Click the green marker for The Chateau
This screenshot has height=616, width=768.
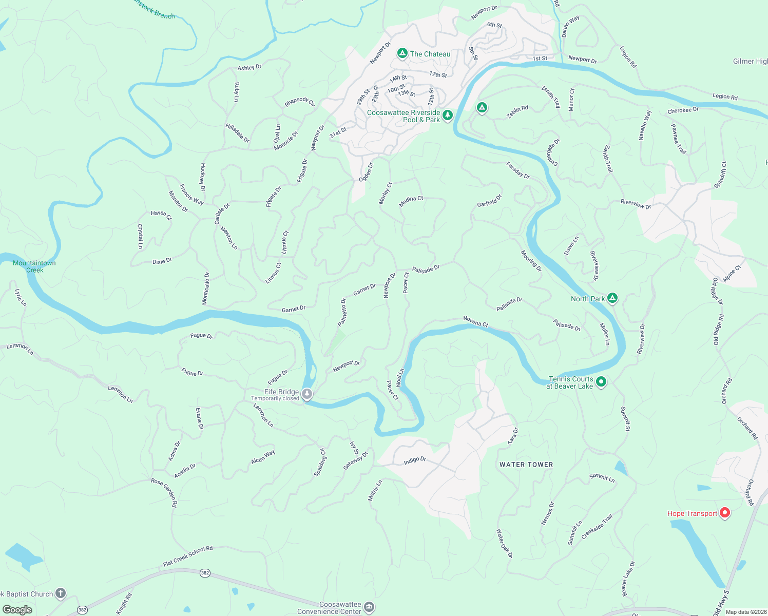pos(402,53)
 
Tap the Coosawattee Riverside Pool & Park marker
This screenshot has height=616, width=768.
pos(448,115)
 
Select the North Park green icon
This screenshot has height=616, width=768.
pos(612,298)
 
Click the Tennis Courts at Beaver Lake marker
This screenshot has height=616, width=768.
pos(602,382)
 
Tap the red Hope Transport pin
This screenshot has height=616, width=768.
pos(724,512)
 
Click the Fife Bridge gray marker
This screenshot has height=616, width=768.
pos(307,394)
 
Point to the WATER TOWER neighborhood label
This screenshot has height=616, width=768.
pos(526,465)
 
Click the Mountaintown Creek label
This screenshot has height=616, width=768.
pos(34,266)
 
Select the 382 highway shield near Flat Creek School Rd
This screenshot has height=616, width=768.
pos(205,573)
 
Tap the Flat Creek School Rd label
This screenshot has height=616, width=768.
pos(188,556)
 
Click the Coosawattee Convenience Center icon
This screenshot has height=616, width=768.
pos(369,608)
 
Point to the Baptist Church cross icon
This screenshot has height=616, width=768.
pos(61,594)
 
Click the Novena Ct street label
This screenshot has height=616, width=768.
pos(476,321)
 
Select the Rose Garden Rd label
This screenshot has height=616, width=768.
pos(164,493)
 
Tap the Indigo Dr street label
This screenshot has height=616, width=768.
pos(415,460)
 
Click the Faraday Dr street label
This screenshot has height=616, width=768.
pos(518,170)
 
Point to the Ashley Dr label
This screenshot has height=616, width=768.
pos(249,67)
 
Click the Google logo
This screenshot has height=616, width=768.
pos(17,609)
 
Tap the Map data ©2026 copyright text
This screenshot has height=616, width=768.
pos(744,611)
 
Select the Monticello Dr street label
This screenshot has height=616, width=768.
pos(206,288)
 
